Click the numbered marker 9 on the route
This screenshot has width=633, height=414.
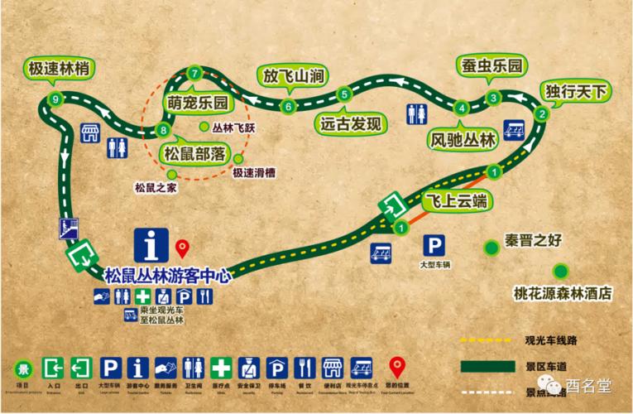tap(55, 99)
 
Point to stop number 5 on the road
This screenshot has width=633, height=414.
tap(343, 93)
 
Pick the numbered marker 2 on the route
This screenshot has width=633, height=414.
tap(541, 114)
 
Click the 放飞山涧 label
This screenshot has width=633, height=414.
tap(291, 76)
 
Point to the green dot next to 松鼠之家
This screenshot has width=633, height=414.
tap(172, 174)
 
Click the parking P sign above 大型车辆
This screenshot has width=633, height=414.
tap(433, 245)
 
